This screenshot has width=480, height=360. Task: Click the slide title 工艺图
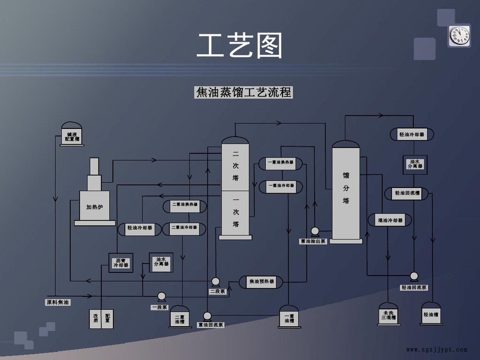(240, 46)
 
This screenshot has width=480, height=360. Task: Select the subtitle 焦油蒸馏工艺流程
(243, 92)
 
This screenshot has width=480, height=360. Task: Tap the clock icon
(459, 36)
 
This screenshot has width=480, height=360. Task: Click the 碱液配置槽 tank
(72, 135)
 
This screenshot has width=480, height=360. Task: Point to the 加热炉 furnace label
(95, 207)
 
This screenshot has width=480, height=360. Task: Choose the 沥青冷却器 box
(120, 262)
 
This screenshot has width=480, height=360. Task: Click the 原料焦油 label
(58, 302)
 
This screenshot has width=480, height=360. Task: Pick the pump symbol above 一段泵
(161, 296)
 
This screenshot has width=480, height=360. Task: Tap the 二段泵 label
(217, 291)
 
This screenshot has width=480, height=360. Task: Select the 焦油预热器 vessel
(261, 282)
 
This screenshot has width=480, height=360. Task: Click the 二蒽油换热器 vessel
(185, 204)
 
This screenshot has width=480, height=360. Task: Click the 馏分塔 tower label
(346, 188)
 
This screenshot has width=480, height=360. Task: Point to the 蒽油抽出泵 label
(313, 241)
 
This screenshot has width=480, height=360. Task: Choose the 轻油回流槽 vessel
(407, 193)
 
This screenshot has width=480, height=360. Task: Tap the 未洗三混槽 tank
(389, 315)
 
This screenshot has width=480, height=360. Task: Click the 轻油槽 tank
(431, 315)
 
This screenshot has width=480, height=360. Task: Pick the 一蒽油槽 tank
(289, 317)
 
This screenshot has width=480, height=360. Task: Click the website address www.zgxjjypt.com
(436, 350)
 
